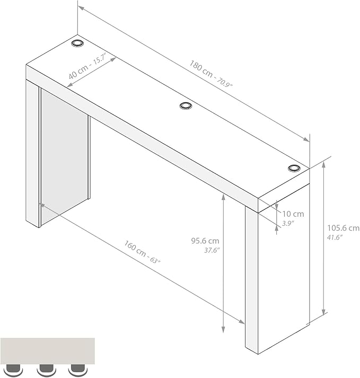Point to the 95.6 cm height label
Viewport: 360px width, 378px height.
(x=205, y=241)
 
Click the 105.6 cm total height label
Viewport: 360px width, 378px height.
(x=343, y=228)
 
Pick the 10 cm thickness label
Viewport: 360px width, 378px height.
(x=293, y=214)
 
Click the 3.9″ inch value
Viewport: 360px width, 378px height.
(x=288, y=224)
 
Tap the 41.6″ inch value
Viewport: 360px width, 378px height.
(x=335, y=237)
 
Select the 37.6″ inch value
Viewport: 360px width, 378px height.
(x=212, y=250)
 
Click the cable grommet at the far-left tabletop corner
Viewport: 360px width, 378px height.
(x=77, y=43)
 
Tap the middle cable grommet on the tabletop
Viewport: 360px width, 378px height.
(x=186, y=106)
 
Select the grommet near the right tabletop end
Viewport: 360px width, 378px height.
(x=294, y=168)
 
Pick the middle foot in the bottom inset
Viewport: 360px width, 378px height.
(x=46, y=369)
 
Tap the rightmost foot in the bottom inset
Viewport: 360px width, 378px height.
(x=77, y=369)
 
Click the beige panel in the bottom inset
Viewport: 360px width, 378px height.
(x=48, y=351)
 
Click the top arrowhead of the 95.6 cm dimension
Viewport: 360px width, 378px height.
(x=223, y=197)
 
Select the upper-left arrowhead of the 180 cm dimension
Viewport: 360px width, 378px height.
(x=81, y=8)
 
